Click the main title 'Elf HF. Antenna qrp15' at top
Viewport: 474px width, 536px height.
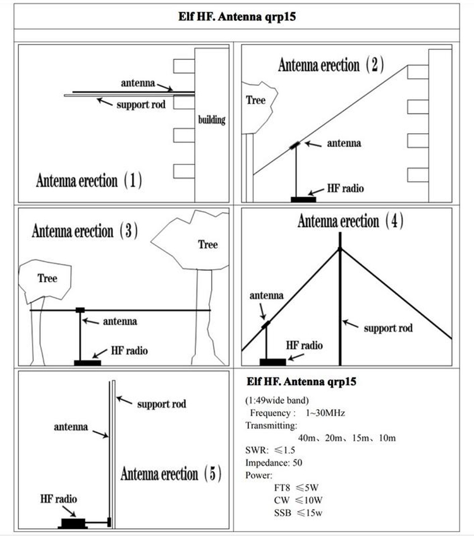(x=237, y=16)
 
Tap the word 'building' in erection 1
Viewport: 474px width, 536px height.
(x=212, y=120)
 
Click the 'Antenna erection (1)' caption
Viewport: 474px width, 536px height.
(x=89, y=180)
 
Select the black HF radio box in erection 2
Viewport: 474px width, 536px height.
(x=303, y=200)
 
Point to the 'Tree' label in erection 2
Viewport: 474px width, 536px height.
(x=256, y=100)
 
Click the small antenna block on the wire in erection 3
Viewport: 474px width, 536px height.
(x=80, y=310)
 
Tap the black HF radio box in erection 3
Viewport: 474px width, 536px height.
(x=88, y=362)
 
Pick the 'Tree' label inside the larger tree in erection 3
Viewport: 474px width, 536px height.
(x=208, y=244)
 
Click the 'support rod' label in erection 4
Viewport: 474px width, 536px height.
(x=388, y=328)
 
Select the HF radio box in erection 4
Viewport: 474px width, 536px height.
(x=273, y=362)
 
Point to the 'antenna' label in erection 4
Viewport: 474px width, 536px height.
(x=267, y=295)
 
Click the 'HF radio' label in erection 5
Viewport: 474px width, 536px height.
(x=59, y=499)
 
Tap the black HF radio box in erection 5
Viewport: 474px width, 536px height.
(x=73, y=523)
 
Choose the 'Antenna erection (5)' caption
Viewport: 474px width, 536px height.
(x=171, y=473)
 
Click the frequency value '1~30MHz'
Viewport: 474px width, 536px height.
(x=325, y=413)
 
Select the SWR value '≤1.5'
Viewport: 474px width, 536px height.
(x=284, y=450)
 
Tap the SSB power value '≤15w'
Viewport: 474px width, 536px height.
(x=310, y=513)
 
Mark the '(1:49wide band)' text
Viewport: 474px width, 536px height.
(x=277, y=400)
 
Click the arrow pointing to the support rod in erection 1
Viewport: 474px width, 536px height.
(x=104, y=102)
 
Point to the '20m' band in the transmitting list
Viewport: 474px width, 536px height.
(x=334, y=438)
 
